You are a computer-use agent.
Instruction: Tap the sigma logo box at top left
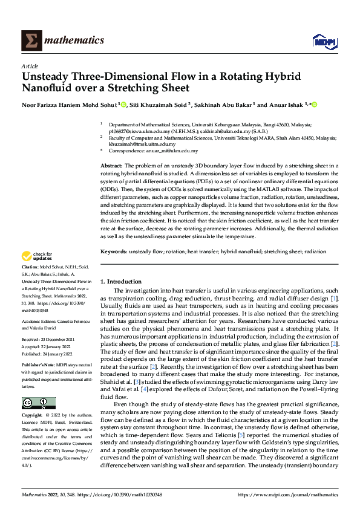[x=30, y=41]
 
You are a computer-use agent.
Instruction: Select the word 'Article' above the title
[x=30, y=66]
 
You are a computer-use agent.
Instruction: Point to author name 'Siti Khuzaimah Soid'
[x=157, y=105]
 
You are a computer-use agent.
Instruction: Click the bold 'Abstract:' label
[x=111, y=165]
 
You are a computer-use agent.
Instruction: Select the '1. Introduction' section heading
[x=120, y=282]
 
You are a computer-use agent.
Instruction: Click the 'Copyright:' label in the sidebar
[x=33, y=416]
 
